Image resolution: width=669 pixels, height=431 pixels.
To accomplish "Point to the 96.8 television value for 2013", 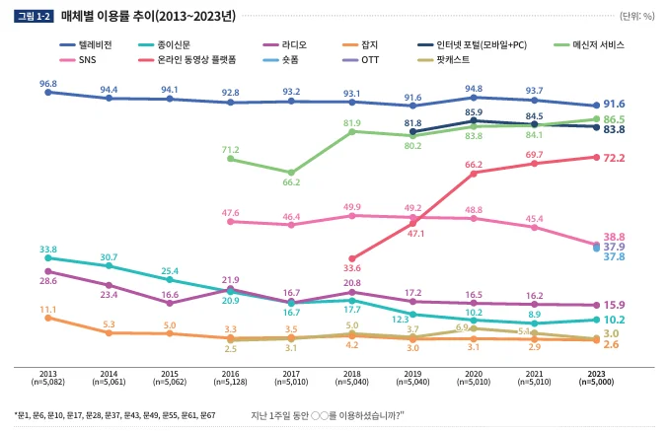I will [x=48, y=84].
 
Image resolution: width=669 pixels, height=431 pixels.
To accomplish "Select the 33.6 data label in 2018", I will [x=352, y=268].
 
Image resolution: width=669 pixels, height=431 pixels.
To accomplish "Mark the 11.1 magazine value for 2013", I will [x=48, y=310].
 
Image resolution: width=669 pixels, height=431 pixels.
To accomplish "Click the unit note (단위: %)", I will [x=636, y=17].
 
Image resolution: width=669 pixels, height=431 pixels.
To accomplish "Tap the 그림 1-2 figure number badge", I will [x=35, y=17].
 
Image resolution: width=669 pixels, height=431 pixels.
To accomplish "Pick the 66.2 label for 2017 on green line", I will [x=291, y=182].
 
